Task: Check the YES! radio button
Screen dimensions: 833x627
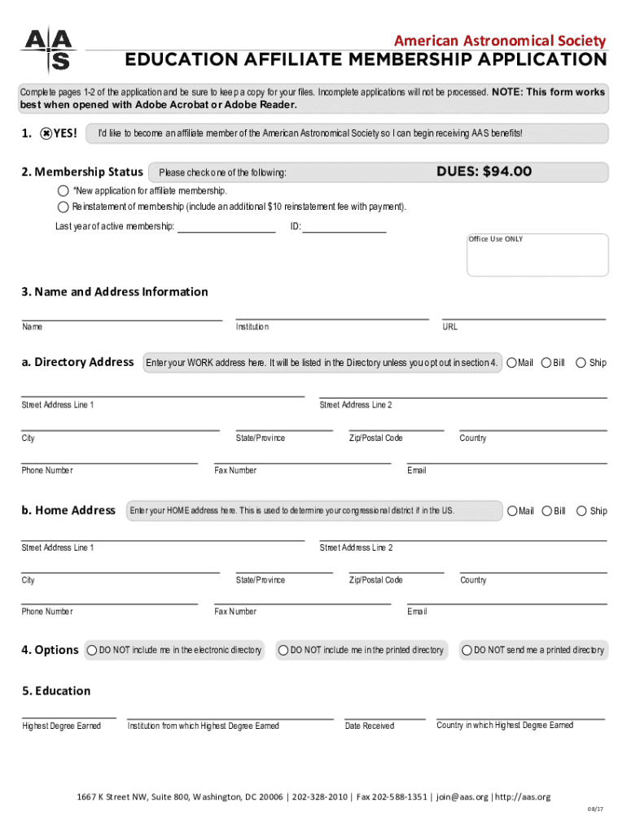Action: point(47,133)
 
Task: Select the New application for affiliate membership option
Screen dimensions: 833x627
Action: point(64,190)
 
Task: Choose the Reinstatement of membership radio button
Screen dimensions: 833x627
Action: point(64,207)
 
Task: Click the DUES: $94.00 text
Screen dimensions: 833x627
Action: point(484,172)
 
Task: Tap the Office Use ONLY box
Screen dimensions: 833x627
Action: point(537,255)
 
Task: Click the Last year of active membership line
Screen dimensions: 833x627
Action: point(226,227)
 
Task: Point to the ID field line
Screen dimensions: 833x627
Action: point(344,227)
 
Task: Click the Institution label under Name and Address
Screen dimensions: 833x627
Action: point(252,327)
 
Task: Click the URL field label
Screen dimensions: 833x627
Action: point(449,327)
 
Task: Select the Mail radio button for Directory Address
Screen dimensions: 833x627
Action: point(512,362)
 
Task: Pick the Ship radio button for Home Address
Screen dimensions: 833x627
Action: point(581,511)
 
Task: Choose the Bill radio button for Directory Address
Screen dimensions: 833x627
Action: point(547,362)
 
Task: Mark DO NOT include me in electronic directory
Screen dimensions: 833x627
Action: point(92,650)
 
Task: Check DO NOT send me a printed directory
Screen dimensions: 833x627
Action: point(467,650)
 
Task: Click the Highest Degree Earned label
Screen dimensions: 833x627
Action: point(62,726)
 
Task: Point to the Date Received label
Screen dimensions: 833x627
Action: point(369,726)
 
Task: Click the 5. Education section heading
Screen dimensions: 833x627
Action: point(56,691)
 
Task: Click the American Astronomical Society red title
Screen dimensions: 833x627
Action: point(500,41)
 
